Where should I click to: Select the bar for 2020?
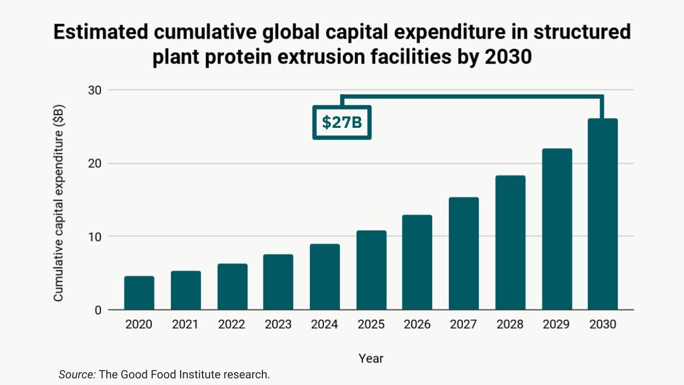coord(139,293)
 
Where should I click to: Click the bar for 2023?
coord(278,282)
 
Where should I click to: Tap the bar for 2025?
coord(371,270)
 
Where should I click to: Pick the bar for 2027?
coord(463,253)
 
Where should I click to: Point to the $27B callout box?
coord(342,122)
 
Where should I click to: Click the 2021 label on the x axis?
coord(185,325)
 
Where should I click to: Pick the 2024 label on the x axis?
coord(324,325)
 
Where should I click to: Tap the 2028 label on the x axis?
coord(510,325)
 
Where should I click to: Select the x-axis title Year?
coord(371,358)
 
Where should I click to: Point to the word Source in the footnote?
coord(76,374)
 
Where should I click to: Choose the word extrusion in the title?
coord(328,56)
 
